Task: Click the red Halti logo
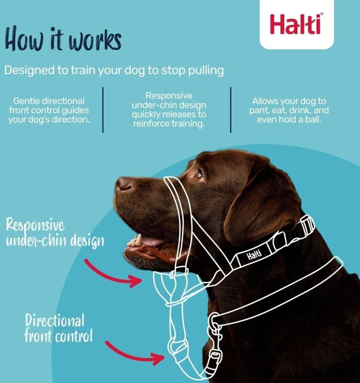[296, 24]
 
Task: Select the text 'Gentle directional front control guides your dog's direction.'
[49, 110]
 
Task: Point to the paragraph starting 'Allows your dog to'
[289, 110]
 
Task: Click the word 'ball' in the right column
[313, 120]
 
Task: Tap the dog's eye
[198, 175]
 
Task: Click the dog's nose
[123, 184]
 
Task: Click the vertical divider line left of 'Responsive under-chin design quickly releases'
[103, 110]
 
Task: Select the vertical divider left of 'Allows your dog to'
[231, 110]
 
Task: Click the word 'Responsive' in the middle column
[169, 95]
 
